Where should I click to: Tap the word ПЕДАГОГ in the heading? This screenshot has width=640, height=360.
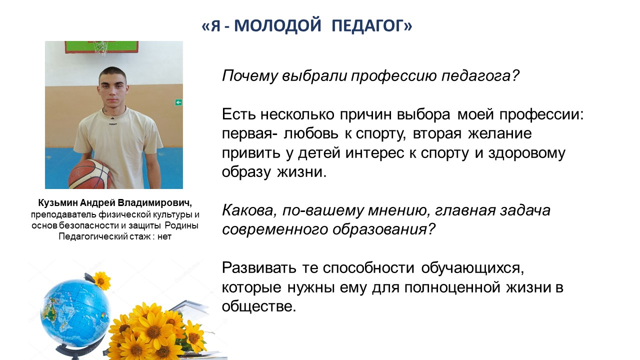point(368,25)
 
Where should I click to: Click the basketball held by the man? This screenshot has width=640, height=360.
point(89,174)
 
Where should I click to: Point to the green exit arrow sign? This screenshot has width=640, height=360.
point(178,102)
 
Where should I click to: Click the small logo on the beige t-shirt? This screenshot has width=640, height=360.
point(113,123)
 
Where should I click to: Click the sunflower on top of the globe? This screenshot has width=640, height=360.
point(101,280)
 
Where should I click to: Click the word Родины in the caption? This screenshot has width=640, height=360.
point(181,225)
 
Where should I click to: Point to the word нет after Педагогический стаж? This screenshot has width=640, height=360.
point(164,237)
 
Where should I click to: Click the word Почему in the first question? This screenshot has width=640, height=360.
point(249,76)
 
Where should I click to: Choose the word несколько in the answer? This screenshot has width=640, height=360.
point(297,114)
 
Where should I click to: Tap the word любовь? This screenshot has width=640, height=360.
point(311,133)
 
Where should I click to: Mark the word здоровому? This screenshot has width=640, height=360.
point(527,153)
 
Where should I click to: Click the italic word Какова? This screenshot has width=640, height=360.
point(249,211)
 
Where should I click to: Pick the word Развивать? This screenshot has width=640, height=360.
point(259,267)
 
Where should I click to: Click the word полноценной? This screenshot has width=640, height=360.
point(452,287)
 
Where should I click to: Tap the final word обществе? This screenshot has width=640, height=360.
point(258,306)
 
